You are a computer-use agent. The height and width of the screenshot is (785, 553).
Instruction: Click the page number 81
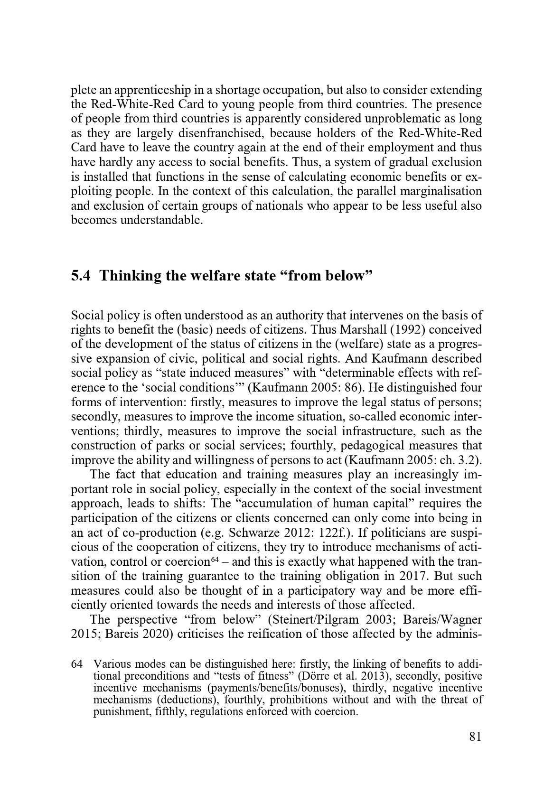[x=475, y=736]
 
